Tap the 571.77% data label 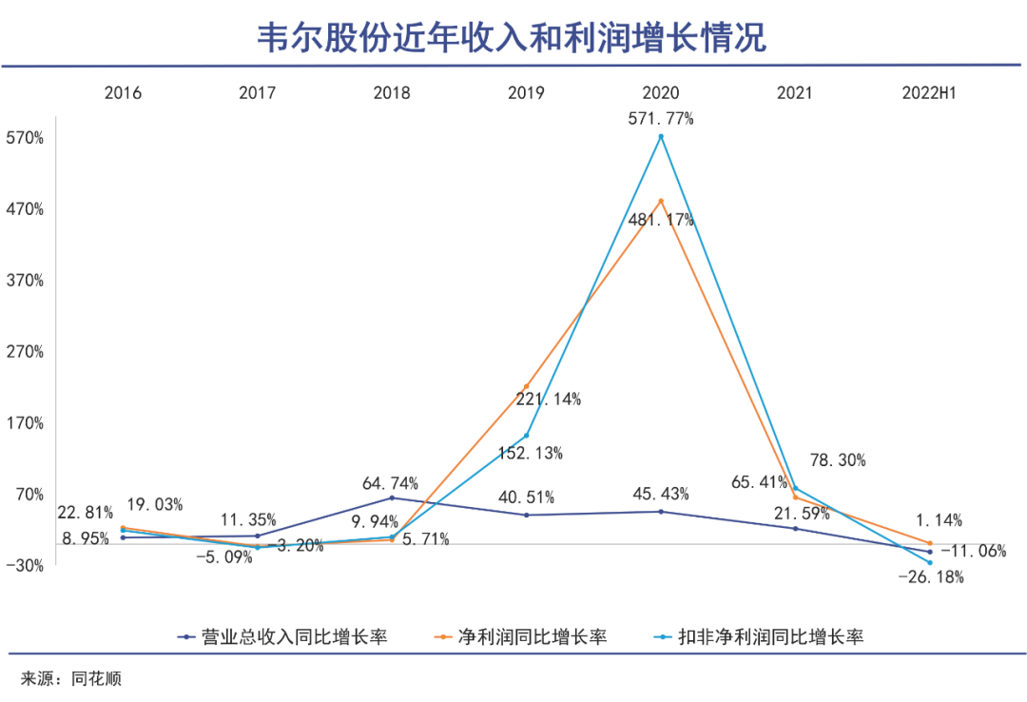tap(661, 119)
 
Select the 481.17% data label tap(661, 220)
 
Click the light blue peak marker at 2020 tap(661, 137)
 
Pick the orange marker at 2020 tap(661, 201)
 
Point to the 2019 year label tap(526, 93)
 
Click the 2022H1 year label tap(928, 93)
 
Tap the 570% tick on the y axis tap(26, 138)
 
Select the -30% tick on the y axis tap(26, 566)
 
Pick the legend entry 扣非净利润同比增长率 tap(771, 636)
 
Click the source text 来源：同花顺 tap(71, 679)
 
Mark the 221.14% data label tap(549, 400)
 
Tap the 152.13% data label tap(531, 453)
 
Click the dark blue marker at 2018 tap(392, 497)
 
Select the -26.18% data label tap(932, 577)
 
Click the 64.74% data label tap(390, 483)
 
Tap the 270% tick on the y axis tap(26, 352)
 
